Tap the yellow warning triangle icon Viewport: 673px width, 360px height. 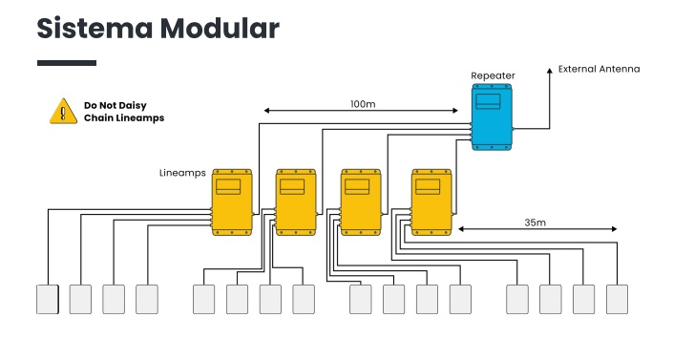[x=62, y=111]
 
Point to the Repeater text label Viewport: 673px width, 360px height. [x=493, y=74]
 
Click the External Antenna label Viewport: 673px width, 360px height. [x=599, y=69]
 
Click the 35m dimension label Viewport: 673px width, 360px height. [x=535, y=222]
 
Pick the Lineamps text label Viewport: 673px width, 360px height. [x=182, y=174]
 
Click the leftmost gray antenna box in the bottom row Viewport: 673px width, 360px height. [x=48, y=299]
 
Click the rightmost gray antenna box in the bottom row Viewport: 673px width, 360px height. [x=617, y=299]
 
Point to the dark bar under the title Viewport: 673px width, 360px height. [x=67, y=63]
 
